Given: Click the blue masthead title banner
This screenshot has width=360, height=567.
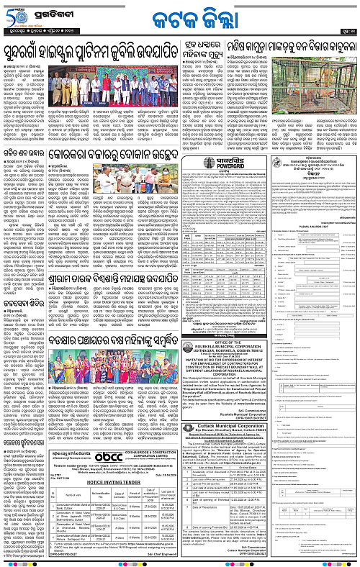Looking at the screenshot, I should [x=179, y=14].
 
